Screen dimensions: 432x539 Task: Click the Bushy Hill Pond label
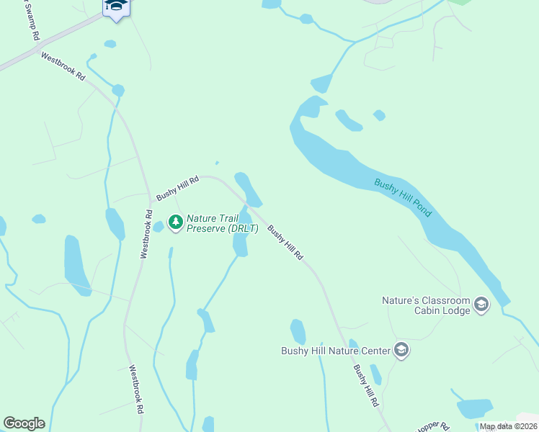coord(403,198)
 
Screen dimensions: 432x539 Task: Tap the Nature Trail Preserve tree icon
coord(175,222)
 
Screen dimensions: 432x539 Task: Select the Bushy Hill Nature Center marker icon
coord(401,351)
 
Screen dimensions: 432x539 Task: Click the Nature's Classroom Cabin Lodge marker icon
coord(481,305)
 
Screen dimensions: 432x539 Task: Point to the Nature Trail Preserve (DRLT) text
coord(222,223)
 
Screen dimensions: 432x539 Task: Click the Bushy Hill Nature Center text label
coord(335,351)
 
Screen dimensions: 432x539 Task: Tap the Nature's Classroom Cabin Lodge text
coord(426,305)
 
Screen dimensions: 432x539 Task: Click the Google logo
coord(24,423)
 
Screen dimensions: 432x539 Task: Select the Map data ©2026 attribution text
coord(508,426)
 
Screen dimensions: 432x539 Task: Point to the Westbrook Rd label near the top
coord(63,66)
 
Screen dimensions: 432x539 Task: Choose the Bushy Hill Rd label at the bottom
coord(365,386)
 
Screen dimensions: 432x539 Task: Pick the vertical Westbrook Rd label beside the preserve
coord(146,234)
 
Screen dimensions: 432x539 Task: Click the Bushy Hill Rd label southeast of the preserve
coord(285,243)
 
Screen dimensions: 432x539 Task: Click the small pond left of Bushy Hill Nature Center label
coord(298,331)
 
